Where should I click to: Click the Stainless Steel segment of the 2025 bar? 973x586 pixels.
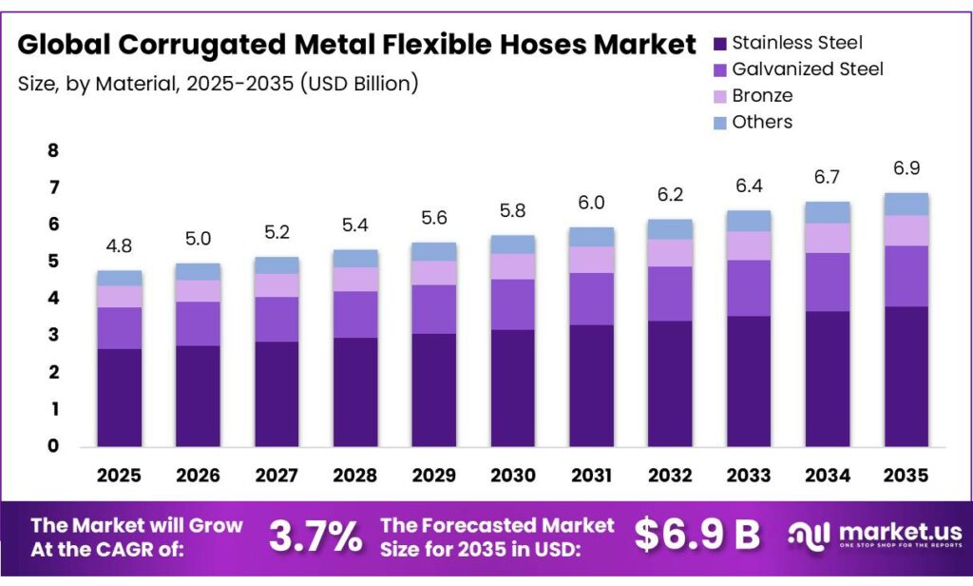(119, 398)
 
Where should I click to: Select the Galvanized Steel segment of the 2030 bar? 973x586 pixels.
(514, 304)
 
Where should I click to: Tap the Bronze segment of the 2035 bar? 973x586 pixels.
(906, 230)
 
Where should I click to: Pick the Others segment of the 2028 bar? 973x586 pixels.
(355, 259)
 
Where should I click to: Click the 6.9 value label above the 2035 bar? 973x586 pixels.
(906, 168)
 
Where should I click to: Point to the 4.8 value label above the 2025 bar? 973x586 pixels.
(119, 247)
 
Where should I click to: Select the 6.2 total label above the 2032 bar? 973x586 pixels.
(671, 196)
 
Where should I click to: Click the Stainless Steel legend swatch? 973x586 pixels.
(719, 43)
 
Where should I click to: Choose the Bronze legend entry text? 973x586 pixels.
(762, 95)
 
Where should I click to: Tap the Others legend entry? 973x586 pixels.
(762, 122)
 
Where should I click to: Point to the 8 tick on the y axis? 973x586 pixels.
(52, 150)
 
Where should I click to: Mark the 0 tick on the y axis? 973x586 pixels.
(52, 446)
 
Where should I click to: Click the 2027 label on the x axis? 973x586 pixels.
(277, 475)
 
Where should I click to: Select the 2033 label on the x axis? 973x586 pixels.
(749, 475)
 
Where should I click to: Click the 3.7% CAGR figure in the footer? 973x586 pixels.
(315, 537)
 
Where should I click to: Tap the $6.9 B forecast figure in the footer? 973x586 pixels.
(697, 536)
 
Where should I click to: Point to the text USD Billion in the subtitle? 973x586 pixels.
(359, 83)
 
